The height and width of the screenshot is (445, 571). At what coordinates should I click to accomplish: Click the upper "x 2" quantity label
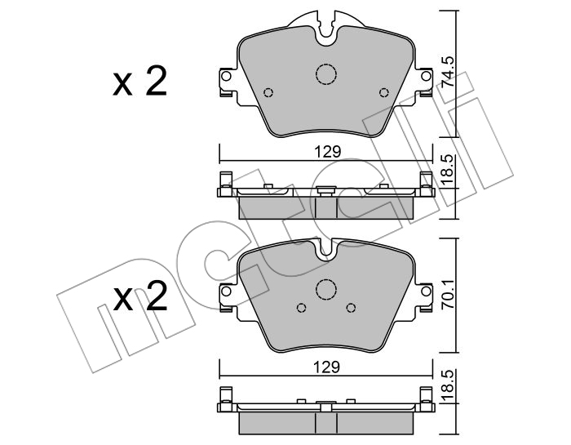[139, 82]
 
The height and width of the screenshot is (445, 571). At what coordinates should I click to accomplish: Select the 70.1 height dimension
[448, 294]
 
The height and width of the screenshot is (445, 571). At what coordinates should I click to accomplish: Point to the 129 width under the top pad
[328, 152]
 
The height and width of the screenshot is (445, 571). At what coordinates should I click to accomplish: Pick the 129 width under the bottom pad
[328, 367]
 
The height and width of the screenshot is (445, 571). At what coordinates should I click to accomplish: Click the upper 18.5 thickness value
[448, 170]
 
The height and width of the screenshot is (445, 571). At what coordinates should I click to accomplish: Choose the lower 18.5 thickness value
[448, 385]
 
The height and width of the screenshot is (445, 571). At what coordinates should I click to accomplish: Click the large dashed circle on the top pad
[326, 74]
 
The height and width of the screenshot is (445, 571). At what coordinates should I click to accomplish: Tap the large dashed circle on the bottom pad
[325, 289]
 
